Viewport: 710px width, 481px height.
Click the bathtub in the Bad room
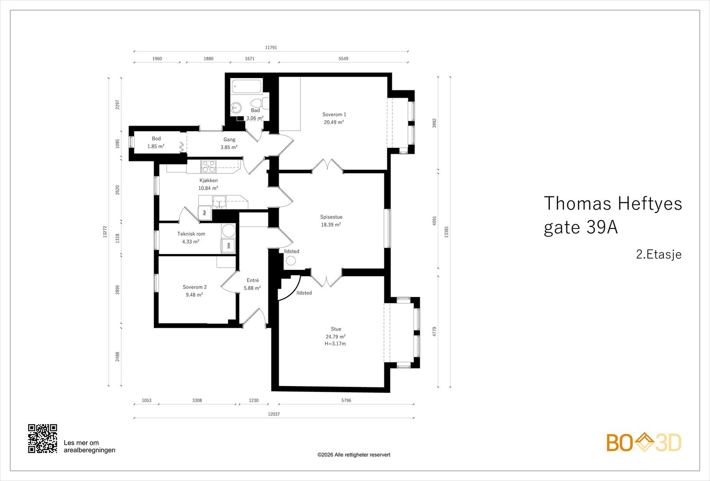246,86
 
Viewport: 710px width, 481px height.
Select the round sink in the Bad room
236,108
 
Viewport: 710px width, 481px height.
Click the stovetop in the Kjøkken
208,167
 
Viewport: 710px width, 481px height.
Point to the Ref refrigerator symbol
205,212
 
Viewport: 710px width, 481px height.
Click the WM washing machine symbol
228,246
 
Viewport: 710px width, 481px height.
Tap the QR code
43,438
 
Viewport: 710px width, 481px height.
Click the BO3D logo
644,442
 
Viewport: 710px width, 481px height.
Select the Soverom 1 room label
334,114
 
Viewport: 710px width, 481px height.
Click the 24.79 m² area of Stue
335,336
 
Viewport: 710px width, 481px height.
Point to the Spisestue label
331,217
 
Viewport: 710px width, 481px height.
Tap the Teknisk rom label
191,234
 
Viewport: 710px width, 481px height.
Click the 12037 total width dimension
274,414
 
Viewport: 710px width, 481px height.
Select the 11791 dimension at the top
271,47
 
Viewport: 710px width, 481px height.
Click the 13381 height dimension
446,232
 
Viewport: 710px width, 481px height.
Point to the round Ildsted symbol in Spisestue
291,261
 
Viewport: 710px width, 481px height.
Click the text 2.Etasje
659,254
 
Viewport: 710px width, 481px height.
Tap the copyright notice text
354,455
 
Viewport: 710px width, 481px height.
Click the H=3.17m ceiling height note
335,344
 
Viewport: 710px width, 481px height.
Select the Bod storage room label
156,138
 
